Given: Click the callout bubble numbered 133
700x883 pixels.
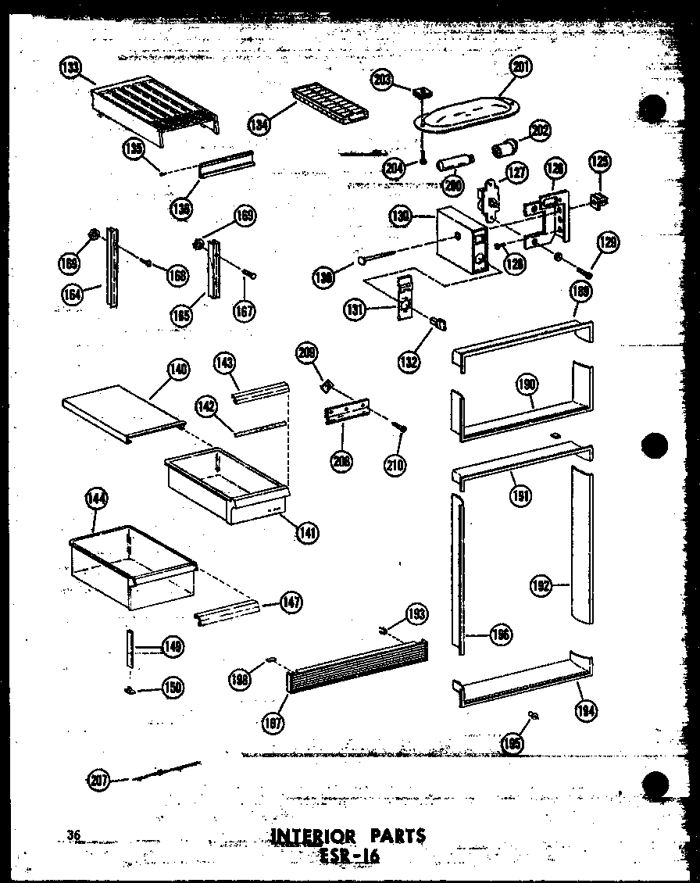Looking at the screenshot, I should click(70, 68).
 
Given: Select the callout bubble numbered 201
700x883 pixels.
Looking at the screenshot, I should click(521, 68).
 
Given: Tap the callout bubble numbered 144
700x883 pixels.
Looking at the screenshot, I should click(99, 499).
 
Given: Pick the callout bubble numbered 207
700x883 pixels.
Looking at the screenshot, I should click(98, 778).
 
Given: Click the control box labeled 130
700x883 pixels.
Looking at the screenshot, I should click(461, 242).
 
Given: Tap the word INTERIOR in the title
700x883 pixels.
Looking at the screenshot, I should click(312, 837).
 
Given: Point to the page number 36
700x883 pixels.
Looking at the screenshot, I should click(74, 835).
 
